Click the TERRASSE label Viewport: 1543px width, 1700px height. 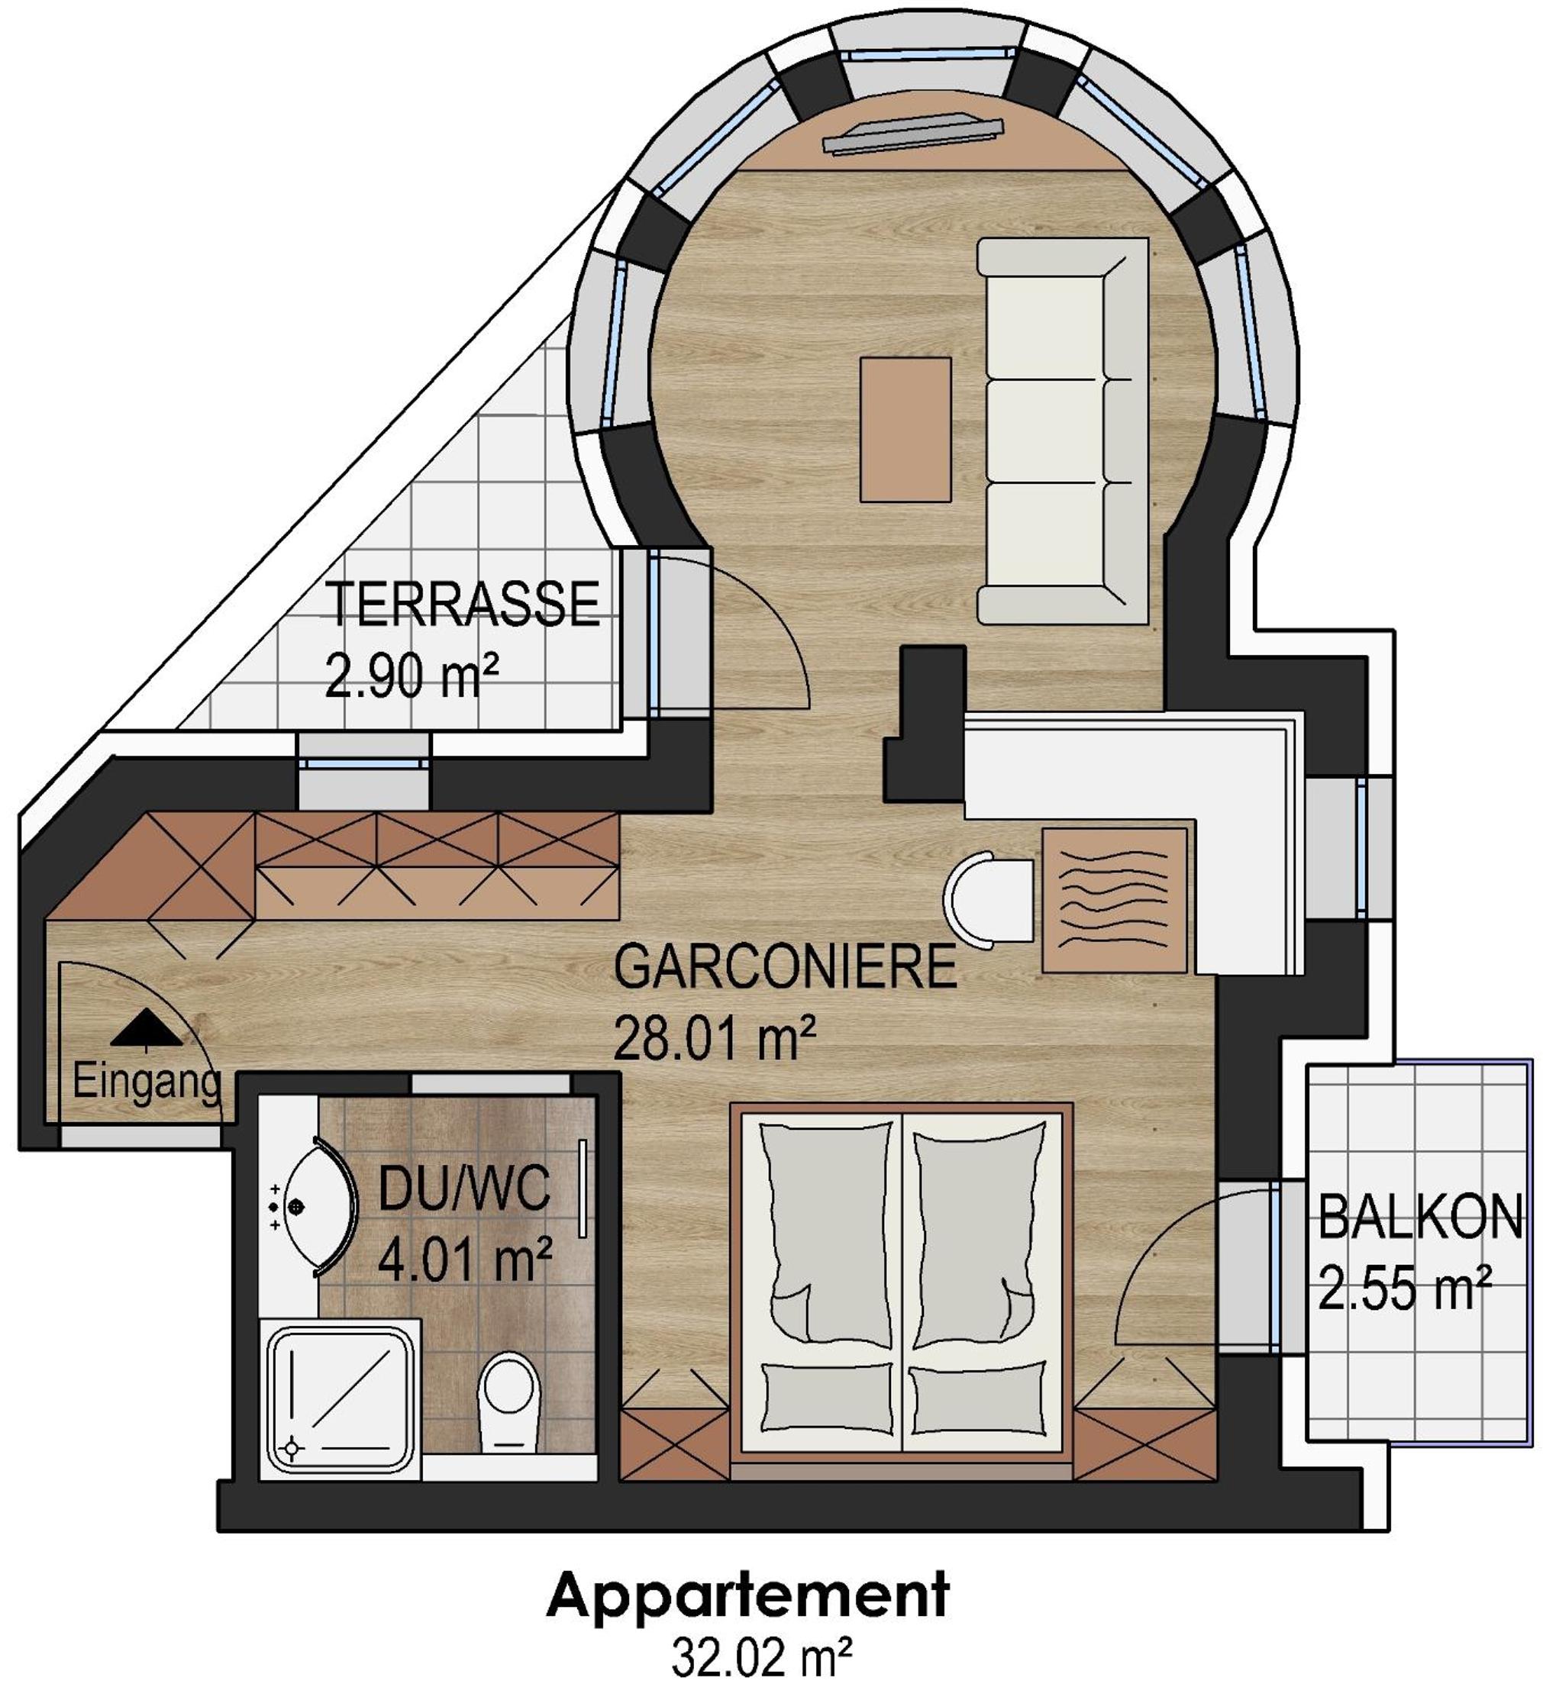point(462,604)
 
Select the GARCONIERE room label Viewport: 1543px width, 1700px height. point(785,966)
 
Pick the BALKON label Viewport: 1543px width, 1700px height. point(1420,1218)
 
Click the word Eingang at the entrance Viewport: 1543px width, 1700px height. point(147,1082)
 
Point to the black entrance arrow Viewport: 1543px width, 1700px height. point(146,1028)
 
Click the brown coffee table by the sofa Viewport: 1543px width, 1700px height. point(905,429)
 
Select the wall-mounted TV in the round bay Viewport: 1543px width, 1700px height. point(913,134)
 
